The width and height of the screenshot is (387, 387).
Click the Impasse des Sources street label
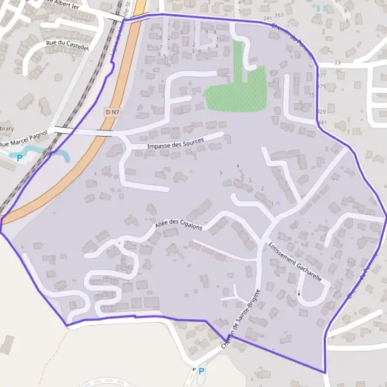tap(175, 143)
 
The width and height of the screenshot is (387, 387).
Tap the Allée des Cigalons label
tap(179, 225)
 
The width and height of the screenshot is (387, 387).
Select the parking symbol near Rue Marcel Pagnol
tap(20, 157)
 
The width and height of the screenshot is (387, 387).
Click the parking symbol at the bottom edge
tap(201, 371)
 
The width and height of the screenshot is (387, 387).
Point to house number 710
tap(351, 264)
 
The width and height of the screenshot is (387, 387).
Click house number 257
tap(279, 15)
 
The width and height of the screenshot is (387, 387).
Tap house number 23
tap(337, 63)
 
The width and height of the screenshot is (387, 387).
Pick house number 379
tap(321, 86)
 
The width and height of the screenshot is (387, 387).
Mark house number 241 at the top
tap(268, 19)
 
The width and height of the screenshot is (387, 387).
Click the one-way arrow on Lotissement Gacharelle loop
tap(299, 293)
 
